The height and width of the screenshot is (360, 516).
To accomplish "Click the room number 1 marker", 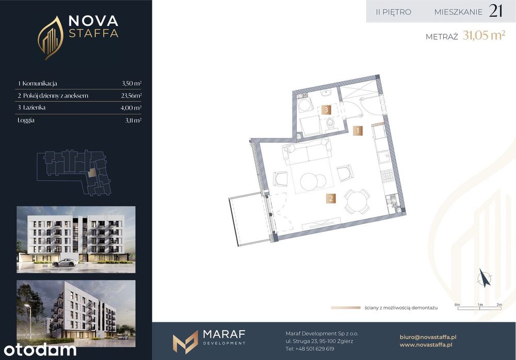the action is click(358, 131).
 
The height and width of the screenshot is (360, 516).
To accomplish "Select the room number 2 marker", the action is click(331, 198).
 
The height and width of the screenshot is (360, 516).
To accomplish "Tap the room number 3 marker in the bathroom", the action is click(326, 109).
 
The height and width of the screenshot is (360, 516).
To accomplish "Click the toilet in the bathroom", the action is click(330, 125).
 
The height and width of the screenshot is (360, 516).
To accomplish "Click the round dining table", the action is click(357, 201).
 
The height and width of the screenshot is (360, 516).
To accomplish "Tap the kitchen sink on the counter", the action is click(383, 157).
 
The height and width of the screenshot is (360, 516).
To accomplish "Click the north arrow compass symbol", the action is click(485, 278).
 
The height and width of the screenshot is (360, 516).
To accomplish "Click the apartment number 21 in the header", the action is click(495, 11).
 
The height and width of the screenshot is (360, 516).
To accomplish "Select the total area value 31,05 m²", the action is click(484, 35).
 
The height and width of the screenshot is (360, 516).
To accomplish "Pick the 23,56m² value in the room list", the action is click(131, 96).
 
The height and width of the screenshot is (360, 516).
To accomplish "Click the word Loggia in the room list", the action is click(26, 120).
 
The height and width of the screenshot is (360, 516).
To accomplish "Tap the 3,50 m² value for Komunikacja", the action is click(132, 83).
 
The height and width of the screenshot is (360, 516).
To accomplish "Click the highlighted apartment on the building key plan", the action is click(92, 173).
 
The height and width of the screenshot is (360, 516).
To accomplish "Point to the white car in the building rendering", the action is click(66, 262).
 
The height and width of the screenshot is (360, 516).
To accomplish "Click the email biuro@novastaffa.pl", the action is click(428, 337).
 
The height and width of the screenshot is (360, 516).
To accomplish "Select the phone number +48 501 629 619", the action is click(315, 349).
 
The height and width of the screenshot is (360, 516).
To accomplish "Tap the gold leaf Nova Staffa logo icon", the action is click(51, 38).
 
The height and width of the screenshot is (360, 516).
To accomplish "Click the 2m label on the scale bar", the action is click(499, 305).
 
